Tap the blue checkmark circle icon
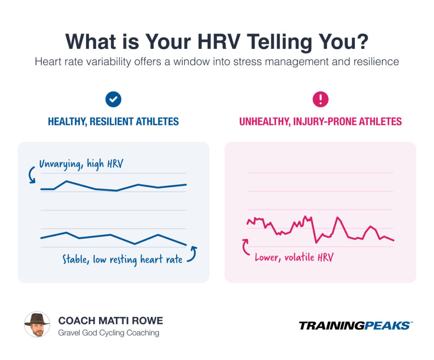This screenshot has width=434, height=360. click(113, 99)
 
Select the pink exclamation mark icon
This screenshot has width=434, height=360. click(320, 99)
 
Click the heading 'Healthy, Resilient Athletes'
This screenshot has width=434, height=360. click(113, 122)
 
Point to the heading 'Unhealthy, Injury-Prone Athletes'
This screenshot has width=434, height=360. click(320, 122)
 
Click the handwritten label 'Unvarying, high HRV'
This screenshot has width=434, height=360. click(81, 164)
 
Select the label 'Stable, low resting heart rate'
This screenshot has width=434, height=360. click(122, 259)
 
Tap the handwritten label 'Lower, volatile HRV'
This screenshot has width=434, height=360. click(294, 257)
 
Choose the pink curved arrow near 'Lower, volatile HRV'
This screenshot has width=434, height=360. click(246, 247)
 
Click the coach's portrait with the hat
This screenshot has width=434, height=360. click(37, 325)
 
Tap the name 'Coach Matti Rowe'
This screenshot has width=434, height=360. click(110, 320)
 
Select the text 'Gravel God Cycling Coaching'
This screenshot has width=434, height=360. click(108, 333)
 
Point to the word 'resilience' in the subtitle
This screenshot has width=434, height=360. click(376, 61)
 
